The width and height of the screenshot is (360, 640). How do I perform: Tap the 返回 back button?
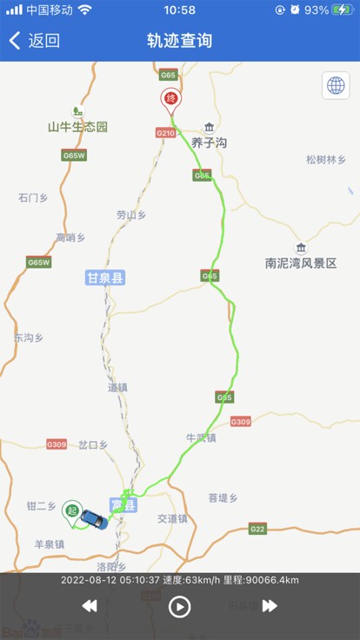point(35,41)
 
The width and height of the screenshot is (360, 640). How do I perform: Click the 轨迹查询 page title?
point(180,41)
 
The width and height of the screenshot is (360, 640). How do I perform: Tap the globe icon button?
point(336,85)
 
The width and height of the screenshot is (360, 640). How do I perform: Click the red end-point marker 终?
point(170,99)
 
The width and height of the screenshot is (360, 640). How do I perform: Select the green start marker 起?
point(72,511)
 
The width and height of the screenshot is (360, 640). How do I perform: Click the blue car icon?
point(93,519)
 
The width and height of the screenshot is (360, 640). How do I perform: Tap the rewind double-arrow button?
point(90,606)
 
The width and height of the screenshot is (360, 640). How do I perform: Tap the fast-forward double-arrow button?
point(270,606)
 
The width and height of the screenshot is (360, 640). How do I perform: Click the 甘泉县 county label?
point(106,278)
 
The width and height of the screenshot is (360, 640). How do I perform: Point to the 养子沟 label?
point(209,142)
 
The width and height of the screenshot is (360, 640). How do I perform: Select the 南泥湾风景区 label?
point(301,263)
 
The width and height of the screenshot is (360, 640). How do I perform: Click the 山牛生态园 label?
point(77,126)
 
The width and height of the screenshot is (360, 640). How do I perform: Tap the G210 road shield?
point(165,133)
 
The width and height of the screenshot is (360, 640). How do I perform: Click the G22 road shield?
point(257,529)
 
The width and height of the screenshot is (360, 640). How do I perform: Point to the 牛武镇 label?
point(201,437)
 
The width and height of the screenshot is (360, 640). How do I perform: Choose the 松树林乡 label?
point(326,160)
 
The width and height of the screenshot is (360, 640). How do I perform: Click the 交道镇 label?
point(172,518)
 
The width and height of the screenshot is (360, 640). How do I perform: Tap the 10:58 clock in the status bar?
point(180,10)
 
